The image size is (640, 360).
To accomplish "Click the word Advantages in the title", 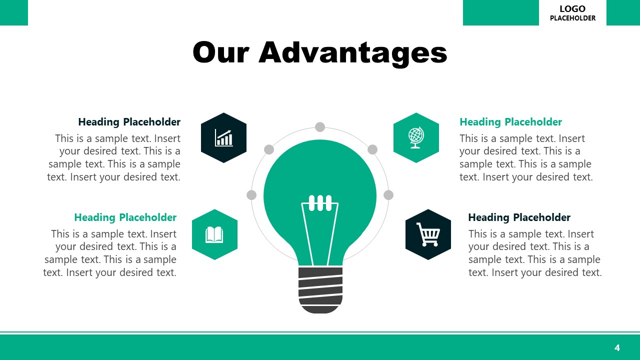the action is point(352,53).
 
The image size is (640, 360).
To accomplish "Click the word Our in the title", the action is point(221,53).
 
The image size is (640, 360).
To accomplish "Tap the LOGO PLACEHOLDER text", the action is point(572,13).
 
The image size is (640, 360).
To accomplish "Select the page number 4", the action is point(617,347).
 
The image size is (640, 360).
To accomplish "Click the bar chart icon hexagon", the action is point(223,137).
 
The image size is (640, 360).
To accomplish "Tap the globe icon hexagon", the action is point(416,137).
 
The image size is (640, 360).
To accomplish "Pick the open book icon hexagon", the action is point(214,234).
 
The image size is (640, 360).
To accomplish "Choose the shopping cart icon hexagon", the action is point(428,234).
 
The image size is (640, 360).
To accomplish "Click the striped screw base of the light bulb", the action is point(320,290).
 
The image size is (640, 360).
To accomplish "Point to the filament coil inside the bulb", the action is point(320,203).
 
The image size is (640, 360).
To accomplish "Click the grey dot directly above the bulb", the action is point(320,127).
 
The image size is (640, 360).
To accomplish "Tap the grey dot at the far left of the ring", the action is point(251,195).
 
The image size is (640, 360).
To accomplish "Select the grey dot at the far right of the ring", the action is point(388,195).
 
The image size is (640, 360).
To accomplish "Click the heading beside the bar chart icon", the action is point(129,122).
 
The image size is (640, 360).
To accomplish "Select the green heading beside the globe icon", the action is point(510,122).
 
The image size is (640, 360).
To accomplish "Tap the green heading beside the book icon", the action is point(125,217).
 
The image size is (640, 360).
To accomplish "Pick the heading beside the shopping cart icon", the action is point(519,217).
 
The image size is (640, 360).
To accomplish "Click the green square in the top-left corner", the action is point(14,12).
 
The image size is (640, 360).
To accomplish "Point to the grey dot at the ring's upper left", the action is point(269,149).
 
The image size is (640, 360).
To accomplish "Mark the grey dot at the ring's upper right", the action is point(372,149).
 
